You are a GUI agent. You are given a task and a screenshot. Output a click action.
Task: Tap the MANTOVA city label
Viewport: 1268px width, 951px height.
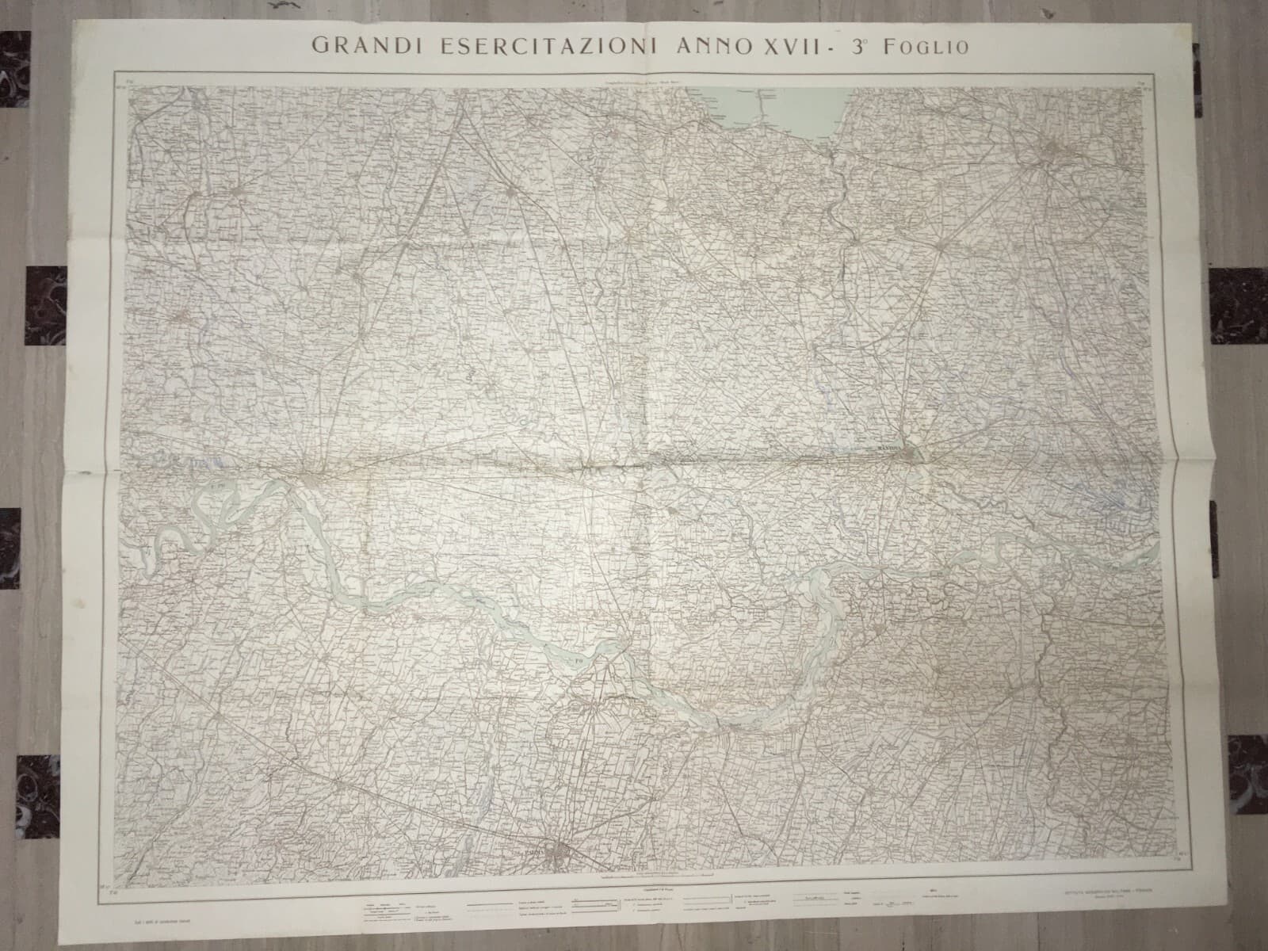893,449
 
